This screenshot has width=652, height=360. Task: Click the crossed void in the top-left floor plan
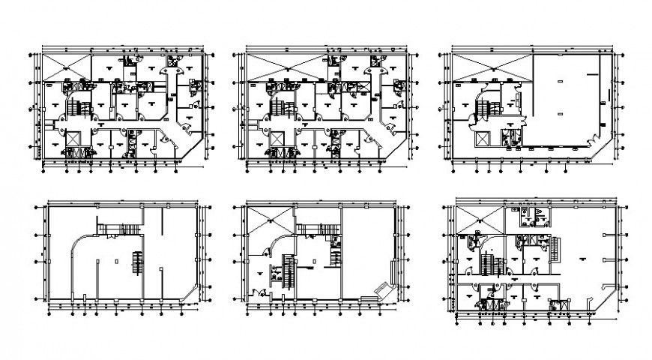tap(67, 65)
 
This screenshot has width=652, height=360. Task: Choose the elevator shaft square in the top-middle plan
tap(278, 139)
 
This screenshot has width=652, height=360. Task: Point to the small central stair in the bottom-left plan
tap(136, 263)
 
